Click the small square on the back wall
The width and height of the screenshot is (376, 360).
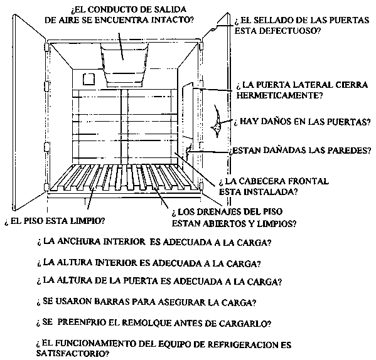(x=89, y=79)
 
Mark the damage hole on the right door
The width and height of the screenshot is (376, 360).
(x=217, y=122)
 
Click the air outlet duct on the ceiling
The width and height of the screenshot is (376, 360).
(x=124, y=63)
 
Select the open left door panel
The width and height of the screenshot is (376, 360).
(x=29, y=112)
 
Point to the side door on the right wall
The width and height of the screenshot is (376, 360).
(x=188, y=110)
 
